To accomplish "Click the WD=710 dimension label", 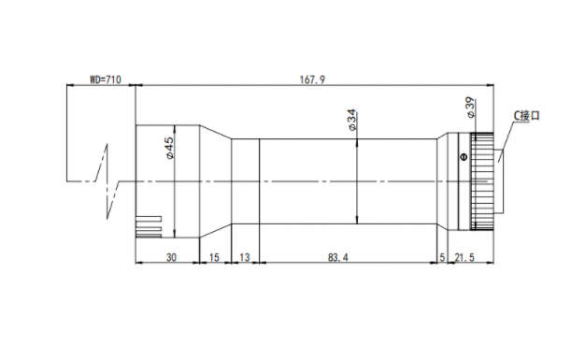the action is point(106,79).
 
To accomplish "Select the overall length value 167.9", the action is point(312,79).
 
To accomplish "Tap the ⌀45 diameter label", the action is point(169,148).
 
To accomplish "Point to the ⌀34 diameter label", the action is point(351,120).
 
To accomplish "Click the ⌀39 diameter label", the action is point(470,108).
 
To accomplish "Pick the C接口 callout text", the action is point(526,116).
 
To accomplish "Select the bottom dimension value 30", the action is point(171,258).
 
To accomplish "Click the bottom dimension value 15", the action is point(214,258).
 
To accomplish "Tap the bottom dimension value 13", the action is point(245,258).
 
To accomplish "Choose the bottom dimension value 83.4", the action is point(338,258).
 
